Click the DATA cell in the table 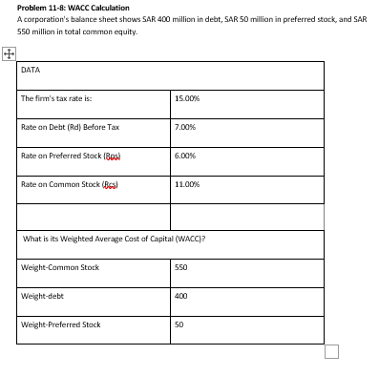(x=31, y=69)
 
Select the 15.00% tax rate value (x=187, y=98)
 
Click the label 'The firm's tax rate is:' (x=56, y=98)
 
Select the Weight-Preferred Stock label (x=60, y=324)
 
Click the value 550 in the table (x=182, y=267)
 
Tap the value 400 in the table (x=182, y=296)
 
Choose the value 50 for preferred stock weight (x=180, y=324)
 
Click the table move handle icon (x=9, y=54)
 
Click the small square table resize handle (x=331, y=352)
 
